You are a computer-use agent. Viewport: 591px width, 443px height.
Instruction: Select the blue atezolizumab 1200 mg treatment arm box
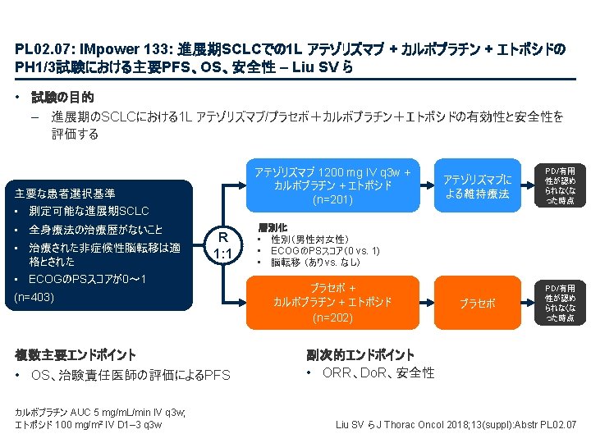tap(332, 186)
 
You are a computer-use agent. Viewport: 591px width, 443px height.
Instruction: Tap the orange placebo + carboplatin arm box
tap(332, 303)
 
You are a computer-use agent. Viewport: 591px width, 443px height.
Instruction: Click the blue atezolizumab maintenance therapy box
tap(476, 186)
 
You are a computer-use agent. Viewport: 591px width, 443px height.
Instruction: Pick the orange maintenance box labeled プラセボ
tap(476, 303)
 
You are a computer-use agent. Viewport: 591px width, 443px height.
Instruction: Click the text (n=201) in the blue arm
tap(332, 200)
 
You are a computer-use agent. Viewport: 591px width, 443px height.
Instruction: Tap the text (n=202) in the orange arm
tap(332, 317)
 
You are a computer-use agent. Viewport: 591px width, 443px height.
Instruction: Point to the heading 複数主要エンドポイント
tap(76, 355)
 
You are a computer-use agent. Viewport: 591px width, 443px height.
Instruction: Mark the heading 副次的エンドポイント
tap(360, 355)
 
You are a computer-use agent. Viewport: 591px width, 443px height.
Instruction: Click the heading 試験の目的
tap(62, 98)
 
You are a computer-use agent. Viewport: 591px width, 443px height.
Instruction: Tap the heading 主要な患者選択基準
tap(65, 194)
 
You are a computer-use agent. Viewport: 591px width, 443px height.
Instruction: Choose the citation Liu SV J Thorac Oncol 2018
tap(456, 425)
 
